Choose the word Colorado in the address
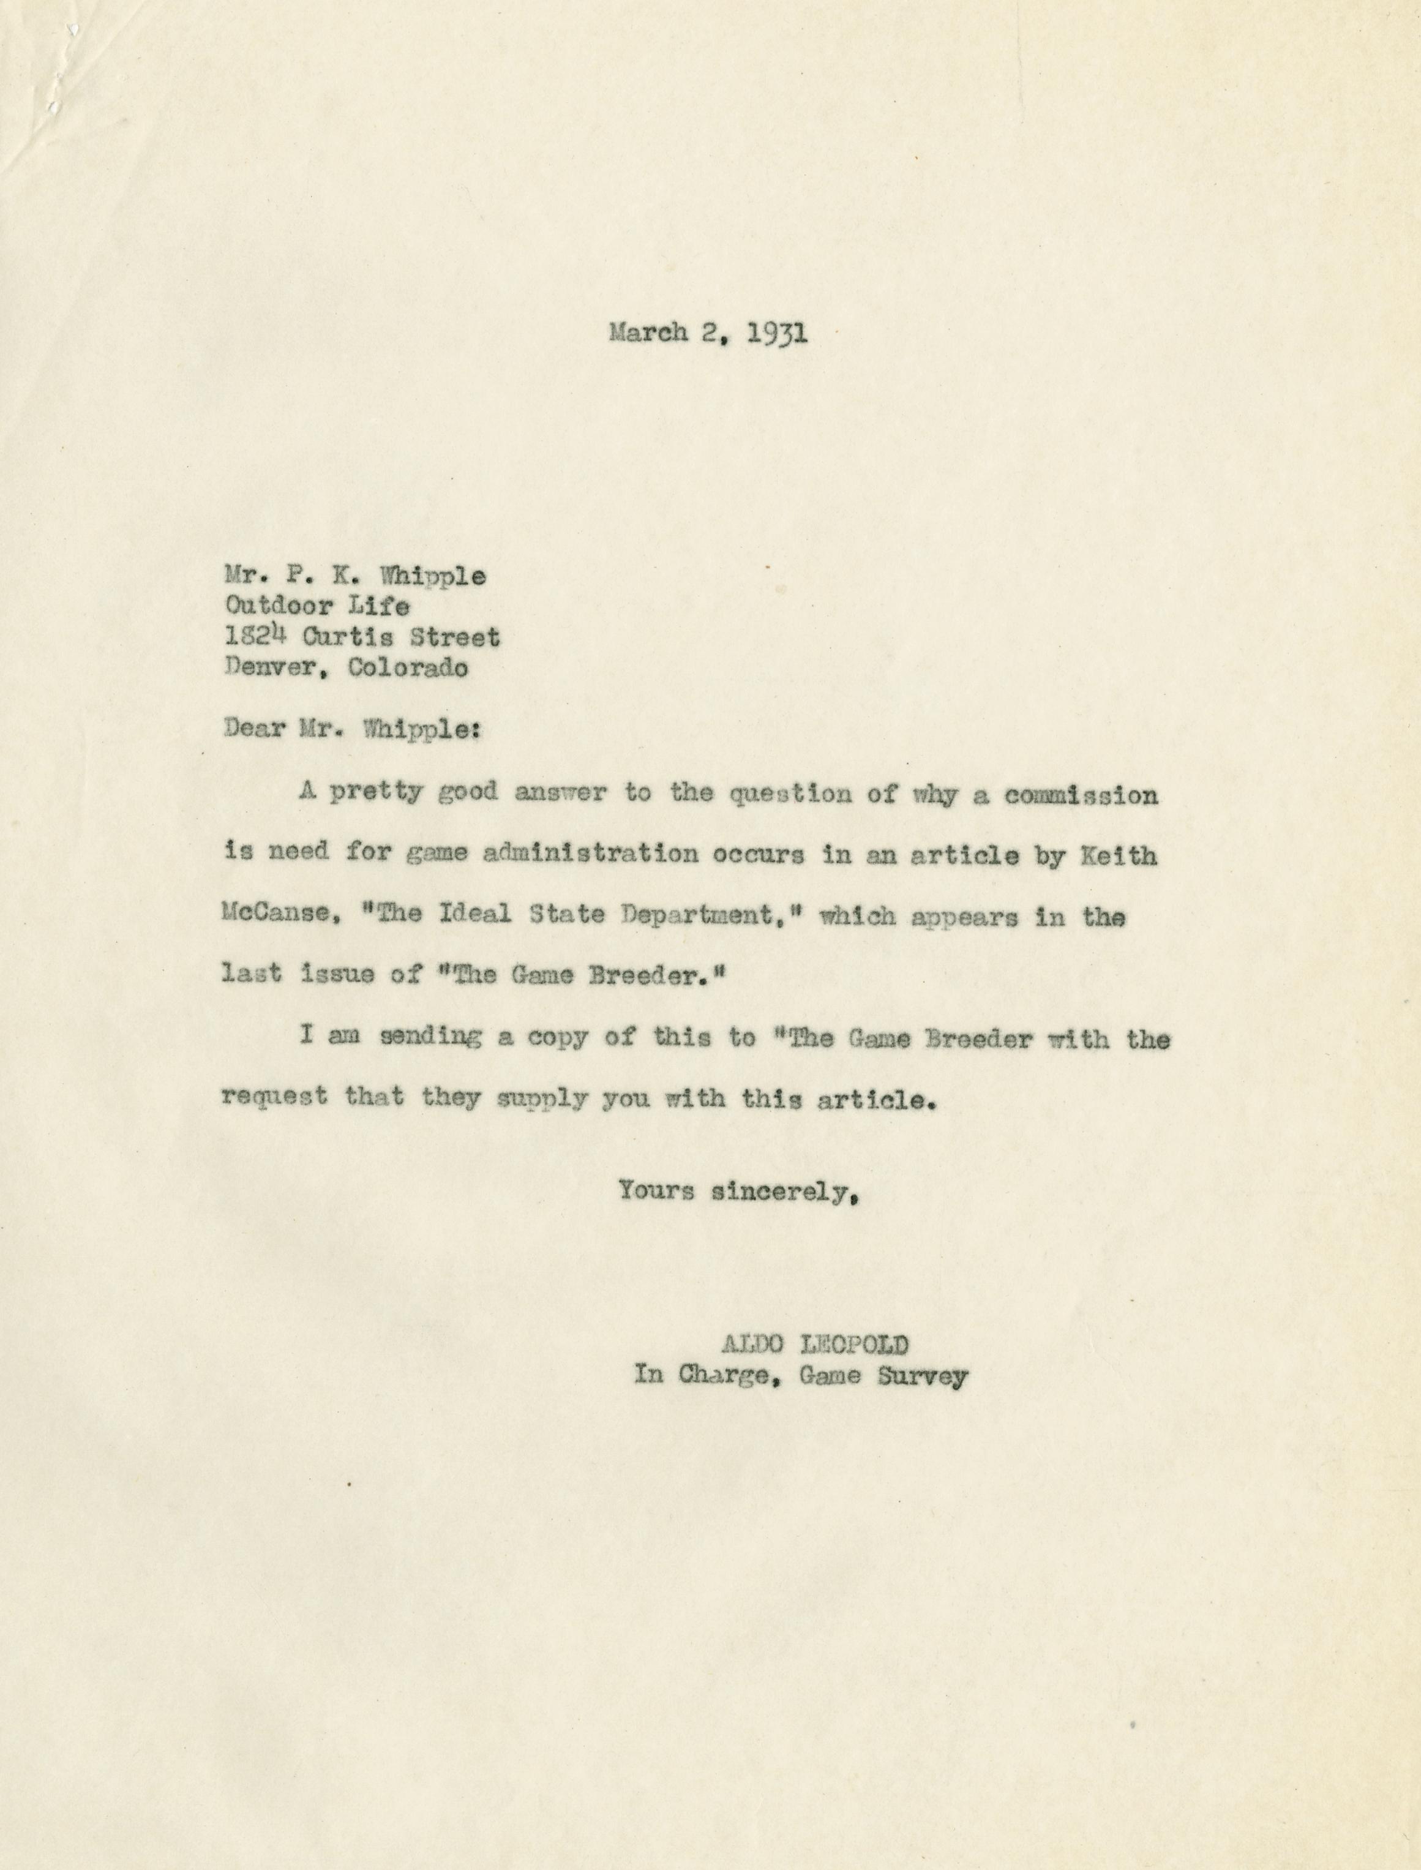(408, 667)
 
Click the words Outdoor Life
(317, 606)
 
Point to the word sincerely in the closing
(778, 1192)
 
